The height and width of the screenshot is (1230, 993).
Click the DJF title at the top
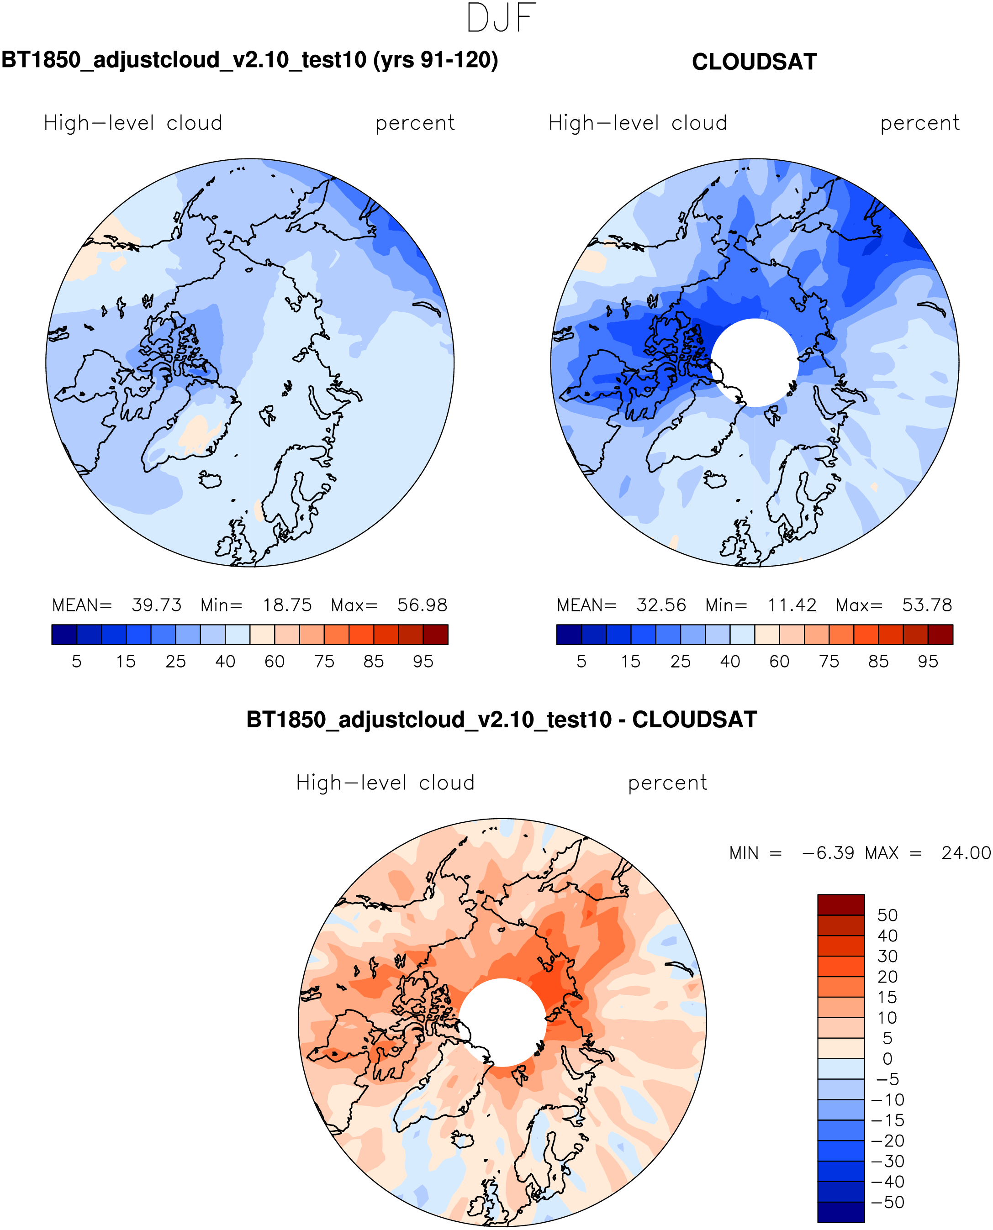(501, 18)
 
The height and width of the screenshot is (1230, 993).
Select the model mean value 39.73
(156, 605)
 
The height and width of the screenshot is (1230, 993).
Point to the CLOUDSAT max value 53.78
(927, 605)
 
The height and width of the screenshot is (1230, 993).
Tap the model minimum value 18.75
(287, 605)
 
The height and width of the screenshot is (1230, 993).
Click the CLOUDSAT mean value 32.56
(661, 605)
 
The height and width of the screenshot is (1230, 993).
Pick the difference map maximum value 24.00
(966, 853)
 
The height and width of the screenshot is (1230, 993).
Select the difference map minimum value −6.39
(828, 853)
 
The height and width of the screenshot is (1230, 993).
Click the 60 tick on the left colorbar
(275, 662)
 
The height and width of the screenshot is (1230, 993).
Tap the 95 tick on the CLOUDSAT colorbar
(928, 662)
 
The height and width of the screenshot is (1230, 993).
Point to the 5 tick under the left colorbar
(77, 662)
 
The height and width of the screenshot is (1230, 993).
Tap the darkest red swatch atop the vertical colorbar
(840, 904)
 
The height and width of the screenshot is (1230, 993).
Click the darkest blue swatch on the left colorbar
(64, 635)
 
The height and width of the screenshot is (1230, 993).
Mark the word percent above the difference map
(667, 783)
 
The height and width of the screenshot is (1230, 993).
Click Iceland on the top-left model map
(211, 479)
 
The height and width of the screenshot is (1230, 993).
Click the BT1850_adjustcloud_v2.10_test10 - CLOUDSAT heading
(502, 720)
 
